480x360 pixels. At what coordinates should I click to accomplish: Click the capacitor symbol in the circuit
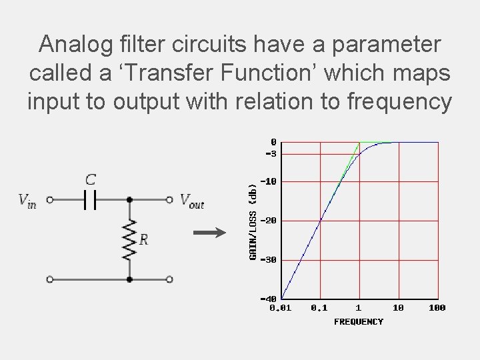(x=90, y=199)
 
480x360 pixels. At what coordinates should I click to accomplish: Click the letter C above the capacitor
(x=90, y=180)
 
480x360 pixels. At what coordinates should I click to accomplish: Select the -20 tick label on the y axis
(x=269, y=221)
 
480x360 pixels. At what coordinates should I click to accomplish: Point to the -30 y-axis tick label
(x=269, y=260)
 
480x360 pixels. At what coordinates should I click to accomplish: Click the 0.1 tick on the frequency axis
(x=320, y=308)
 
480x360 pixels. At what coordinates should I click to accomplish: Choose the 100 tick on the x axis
(x=437, y=308)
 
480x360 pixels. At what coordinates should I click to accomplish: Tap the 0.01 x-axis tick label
(x=281, y=308)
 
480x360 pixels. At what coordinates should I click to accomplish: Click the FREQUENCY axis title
(x=359, y=322)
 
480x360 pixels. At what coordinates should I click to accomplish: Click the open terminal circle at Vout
(x=170, y=199)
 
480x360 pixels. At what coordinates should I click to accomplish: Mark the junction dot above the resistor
(x=129, y=199)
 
